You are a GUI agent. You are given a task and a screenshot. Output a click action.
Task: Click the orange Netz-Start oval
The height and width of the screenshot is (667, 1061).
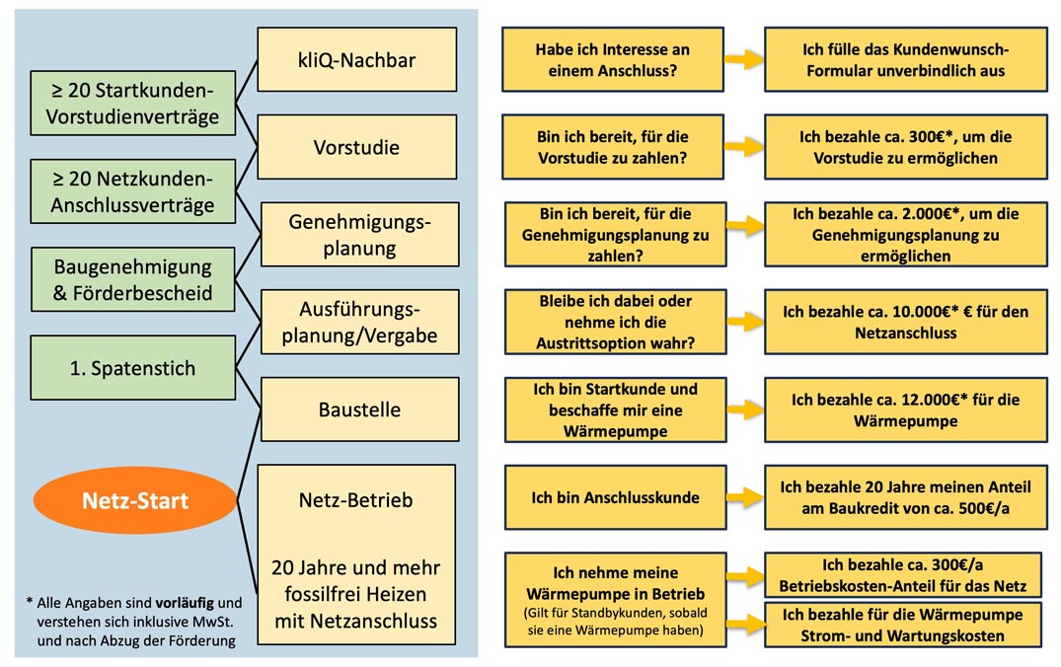(x=135, y=500)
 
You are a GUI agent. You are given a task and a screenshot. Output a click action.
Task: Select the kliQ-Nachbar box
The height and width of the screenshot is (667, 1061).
(x=356, y=60)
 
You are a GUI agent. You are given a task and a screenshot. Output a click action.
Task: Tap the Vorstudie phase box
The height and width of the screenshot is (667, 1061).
(x=356, y=147)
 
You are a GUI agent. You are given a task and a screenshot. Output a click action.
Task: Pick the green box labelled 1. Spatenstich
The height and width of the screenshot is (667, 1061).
(x=132, y=368)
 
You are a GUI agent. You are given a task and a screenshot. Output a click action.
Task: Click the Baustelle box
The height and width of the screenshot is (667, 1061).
(x=356, y=408)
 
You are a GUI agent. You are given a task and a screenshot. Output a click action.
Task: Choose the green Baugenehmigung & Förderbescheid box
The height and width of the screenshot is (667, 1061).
(x=132, y=280)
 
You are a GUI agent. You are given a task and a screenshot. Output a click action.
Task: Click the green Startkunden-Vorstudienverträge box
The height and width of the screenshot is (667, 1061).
(x=132, y=104)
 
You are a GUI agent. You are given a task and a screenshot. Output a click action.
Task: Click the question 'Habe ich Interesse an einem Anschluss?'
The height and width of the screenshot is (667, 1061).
(x=612, y=60)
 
